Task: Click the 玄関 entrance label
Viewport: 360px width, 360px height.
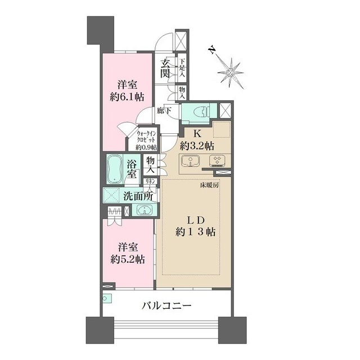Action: pyautogui.click(x=165, y=68)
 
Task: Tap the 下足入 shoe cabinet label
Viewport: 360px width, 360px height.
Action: pyautogui.click(x=182, y=68)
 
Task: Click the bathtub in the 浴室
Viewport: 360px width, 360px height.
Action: pyautogui.click(x=114, y=169)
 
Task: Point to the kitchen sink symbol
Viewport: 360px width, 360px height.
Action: pyautogui.click(x=190, y=161)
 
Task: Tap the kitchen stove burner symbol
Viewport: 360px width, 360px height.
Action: pyautogui.click(x=217, y=160)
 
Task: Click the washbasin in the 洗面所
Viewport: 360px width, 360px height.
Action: pyautogui.click(x=144, y=210)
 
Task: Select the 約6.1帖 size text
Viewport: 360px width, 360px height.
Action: pyautogui.click(x=127, y=97)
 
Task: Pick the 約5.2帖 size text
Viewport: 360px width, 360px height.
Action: pyautogui.click(x=128, y=260)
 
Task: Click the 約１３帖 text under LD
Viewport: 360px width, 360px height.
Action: pyautogui.click(x=195, y=232)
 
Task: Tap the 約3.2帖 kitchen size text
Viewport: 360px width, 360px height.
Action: pyautogui.click(x=197, y=146)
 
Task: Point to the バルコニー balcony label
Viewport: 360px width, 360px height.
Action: pyautogui.click(x=166, y=306)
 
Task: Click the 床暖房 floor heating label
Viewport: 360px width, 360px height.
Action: pyautogui.click(x=209, y=185)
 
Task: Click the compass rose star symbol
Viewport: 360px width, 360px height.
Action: pyautogui.click(x=230, y=73)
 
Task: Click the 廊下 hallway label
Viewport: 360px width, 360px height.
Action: pyautogui.click(x=164, y=111)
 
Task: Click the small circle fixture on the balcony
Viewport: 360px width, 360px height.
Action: pyautogui.click(x=105, y=299)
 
